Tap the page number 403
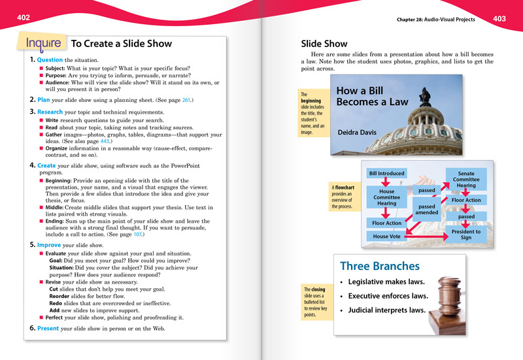(499, 19)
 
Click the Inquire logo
(44, 44)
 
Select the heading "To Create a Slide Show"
(121, 44)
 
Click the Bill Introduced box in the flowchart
(386, 173)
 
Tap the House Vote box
(386, 236)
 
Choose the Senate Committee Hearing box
(466, 179)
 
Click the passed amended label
(426, 209)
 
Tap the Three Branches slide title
(380, 267)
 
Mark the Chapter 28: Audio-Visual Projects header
(437, 20)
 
